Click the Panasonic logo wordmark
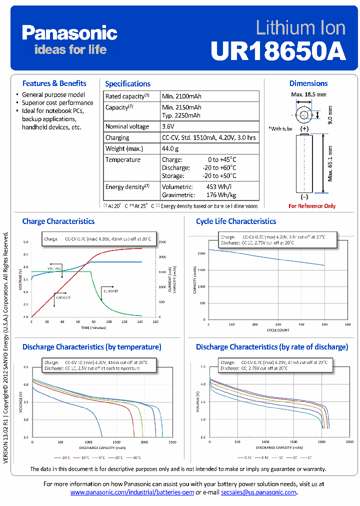[69, 33]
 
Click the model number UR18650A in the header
[278, 50]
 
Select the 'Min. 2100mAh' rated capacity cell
[181, 96]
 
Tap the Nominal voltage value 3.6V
[168, 126]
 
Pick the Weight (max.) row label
[124, 148]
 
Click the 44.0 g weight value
[170, 148]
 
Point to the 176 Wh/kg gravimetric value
[221, 195]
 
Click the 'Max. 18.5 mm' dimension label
[308, 94]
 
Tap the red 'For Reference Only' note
[312, 206]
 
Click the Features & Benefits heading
[54, 83]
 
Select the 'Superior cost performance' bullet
[57, 102]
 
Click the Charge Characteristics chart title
[58, 221]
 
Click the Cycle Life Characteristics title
[236, 221]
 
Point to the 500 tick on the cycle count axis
[324, 324]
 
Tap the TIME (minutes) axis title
[94, 328]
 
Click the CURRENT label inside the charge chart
[111, 290]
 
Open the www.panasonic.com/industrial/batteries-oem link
[132, 492]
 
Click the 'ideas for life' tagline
[70, 49]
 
